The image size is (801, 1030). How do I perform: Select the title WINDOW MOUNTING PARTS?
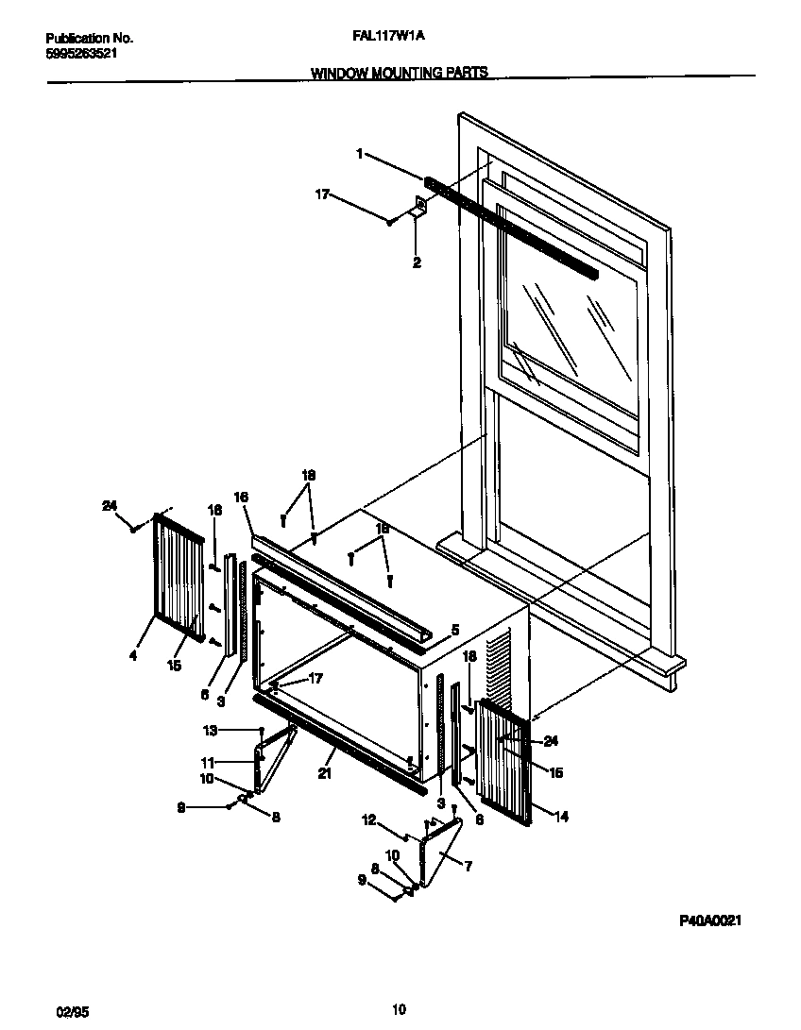[400, 72]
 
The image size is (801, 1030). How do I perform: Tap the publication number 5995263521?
[82, 53]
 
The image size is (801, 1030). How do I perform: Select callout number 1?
[359, 153]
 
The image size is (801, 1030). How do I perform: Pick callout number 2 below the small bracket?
[417, 262]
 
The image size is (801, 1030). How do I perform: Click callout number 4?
[133, 655]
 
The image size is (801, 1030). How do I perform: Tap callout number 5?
[454, 629]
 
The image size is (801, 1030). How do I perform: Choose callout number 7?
[469, 864]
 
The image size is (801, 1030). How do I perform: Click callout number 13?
[209, 730]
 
